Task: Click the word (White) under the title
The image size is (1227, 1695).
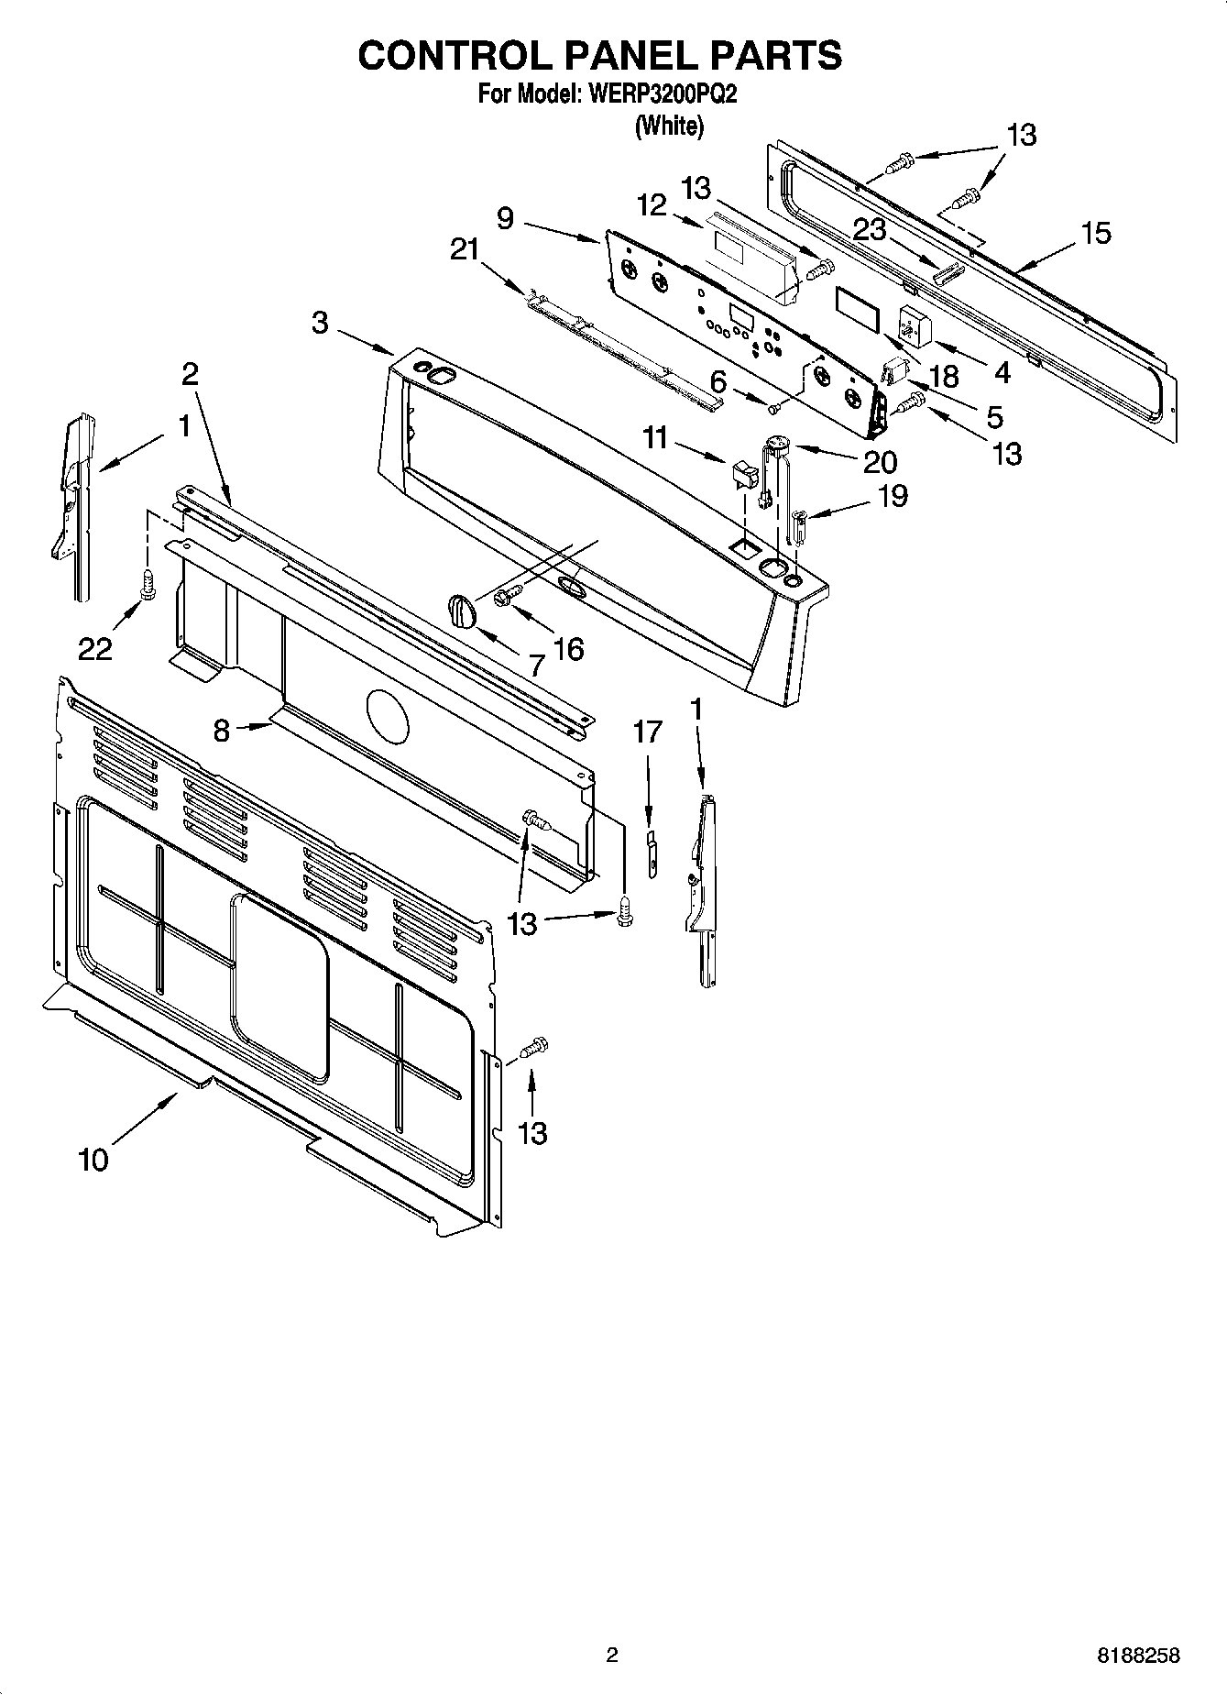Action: click(x=670, y=127)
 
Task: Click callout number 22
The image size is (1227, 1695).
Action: click(x=94, y=648)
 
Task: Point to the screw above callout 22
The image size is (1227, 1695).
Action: click(x=147, y=584)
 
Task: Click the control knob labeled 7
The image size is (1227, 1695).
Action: click(x=462, y=610)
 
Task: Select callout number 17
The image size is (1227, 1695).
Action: click(x=647, y=732)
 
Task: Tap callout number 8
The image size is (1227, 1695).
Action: click(x=221, y=731)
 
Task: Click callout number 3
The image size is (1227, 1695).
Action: click(x=320, y=324)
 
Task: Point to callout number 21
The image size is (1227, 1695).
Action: click(x=466, y=248)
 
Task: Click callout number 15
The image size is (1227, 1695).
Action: click(x=1096, y=232)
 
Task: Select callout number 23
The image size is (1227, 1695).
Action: click(x=868, y=229)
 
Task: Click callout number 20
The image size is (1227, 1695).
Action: click(x=880, y=461)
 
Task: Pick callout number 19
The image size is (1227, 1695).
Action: click(x=893, y=495)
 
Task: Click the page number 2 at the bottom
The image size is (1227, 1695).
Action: click(x=612, y=1655)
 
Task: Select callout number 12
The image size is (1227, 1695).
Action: click(x=652, y=205)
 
